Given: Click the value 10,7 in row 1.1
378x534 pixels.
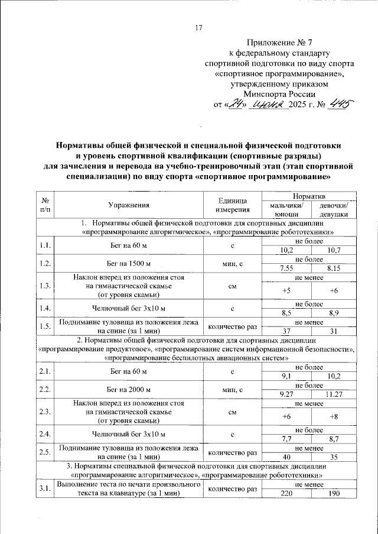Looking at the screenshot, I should (x=333, y=251).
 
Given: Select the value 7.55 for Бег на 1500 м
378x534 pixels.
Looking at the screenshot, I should (x=286, y=267).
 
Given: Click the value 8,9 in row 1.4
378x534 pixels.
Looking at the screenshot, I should (x=333, y=312).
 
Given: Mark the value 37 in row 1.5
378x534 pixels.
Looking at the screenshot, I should (x=286, y=330).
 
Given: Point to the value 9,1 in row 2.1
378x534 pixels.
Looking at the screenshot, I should (x=286, y=374).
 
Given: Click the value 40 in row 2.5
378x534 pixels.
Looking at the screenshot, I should (x=286, y=457).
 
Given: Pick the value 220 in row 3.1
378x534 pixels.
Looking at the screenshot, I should (x=286, y=493).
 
